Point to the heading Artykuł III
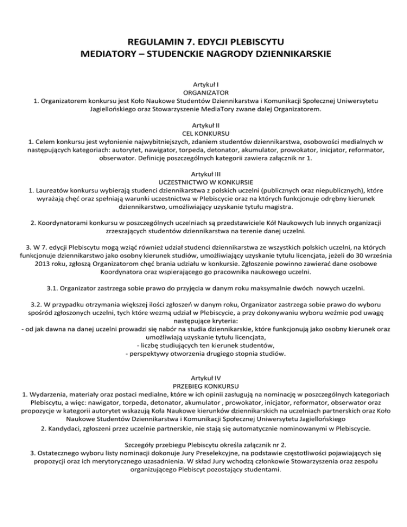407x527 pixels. pos(203,173)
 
